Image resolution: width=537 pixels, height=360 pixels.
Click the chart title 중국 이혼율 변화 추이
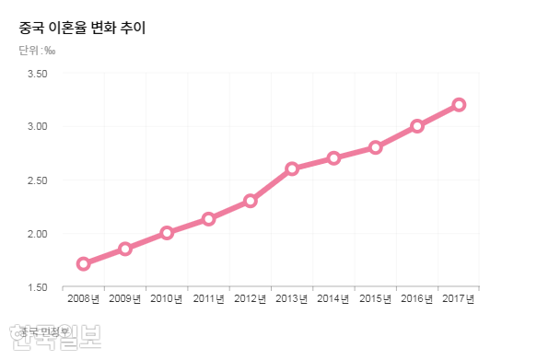82,28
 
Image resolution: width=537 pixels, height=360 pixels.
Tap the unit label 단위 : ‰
36,50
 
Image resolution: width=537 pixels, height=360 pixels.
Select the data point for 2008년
84,263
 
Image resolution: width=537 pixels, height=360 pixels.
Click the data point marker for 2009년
125,249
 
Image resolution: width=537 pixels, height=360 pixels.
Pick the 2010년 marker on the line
167,233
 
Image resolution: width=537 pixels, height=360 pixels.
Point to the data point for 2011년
209,219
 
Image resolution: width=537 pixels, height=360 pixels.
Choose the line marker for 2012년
251,201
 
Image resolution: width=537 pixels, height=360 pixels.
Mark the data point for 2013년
292,168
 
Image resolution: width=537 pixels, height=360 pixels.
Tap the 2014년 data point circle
333,157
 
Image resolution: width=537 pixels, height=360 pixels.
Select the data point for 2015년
376,147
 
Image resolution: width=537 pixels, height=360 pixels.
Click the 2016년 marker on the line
417,125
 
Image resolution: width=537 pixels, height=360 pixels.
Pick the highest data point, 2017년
459,104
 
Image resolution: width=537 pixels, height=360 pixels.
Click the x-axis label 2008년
84,298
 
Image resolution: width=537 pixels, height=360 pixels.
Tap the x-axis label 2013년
292,298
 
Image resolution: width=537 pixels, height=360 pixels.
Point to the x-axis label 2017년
459,298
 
